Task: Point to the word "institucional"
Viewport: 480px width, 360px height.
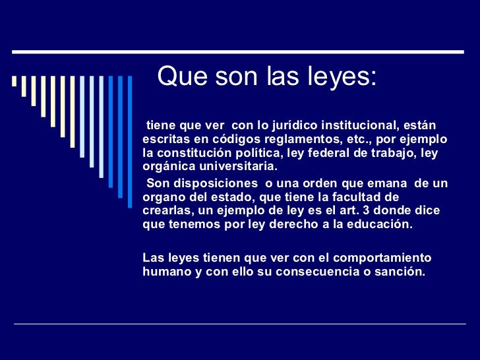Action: point(355,125)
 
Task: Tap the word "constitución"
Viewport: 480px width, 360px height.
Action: point(197,152)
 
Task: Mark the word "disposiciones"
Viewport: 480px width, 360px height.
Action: point(216,183)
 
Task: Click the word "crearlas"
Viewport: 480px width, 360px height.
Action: point(165,210)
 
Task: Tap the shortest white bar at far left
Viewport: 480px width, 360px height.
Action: point(14,81)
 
